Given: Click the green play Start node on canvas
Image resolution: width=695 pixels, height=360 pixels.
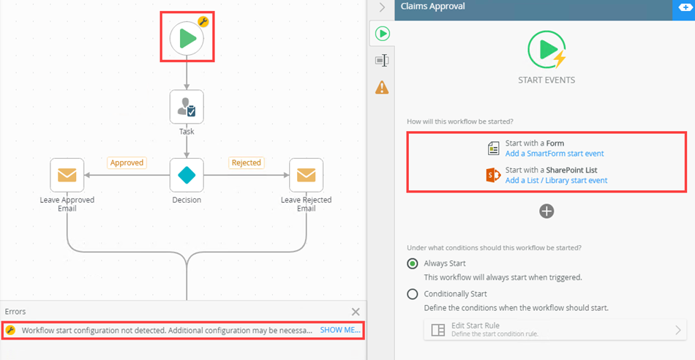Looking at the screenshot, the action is click(187, 39).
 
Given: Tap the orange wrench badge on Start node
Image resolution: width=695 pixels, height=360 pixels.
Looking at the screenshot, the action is click(203, 22).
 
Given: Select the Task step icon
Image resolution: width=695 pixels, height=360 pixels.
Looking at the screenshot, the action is click(187, 107).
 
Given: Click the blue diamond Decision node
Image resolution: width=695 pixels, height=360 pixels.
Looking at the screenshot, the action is click(187, 175).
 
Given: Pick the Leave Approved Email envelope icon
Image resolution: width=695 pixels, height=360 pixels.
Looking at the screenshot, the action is click(67, 175).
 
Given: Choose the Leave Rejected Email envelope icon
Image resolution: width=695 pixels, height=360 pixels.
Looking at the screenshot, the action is click(307, 175).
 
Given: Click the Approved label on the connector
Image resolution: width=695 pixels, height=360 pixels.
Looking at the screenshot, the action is click(127, 162).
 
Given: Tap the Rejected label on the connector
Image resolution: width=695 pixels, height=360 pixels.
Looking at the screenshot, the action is click(247, 162).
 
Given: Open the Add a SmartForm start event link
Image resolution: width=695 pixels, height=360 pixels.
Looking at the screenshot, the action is click(555, 154).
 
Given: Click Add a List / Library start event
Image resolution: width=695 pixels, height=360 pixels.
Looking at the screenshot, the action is click(556, 181).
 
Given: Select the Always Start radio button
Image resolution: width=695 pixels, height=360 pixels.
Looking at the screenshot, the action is click(412, 264).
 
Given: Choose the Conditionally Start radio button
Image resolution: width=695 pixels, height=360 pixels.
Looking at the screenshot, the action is click(412, 294).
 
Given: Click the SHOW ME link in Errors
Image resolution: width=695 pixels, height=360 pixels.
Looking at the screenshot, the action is click(340, 330).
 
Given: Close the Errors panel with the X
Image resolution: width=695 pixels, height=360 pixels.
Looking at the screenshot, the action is click(356, 312).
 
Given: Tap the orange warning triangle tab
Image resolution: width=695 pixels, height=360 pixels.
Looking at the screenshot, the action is click(382, 87).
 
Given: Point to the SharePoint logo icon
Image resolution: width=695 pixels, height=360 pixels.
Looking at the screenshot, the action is click(493, 176).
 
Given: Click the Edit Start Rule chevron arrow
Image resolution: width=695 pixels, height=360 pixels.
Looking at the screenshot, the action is click(677, 330).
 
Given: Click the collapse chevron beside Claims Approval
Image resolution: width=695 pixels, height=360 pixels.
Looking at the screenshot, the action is click(382, 7).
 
